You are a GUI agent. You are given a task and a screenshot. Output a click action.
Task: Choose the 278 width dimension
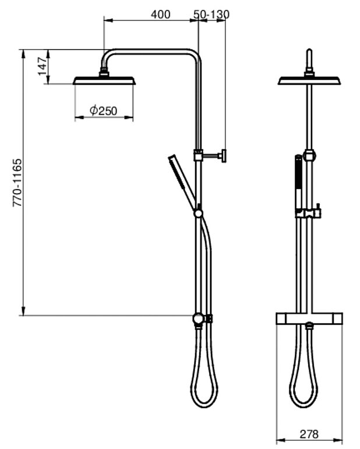(x=309, y=434)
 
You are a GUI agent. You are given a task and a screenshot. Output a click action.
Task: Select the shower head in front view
(x=309, y=81)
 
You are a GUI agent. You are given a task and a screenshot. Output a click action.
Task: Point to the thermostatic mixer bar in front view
(x=309, y=318)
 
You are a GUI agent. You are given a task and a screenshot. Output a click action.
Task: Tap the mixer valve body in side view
(x=200, y=318)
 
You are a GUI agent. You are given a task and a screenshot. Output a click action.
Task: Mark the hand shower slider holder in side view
(x=199, y=213)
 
